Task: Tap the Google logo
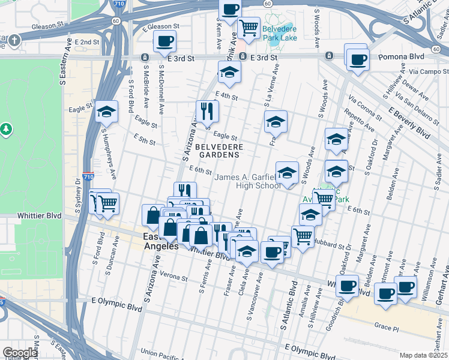coord(20,353)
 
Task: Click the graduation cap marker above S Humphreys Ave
coord(106,111)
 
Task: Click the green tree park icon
coord(5,128)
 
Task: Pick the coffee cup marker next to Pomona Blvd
coord(358,59)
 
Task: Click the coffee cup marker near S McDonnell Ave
coord(164,41)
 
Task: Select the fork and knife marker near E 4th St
coord(207,110)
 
